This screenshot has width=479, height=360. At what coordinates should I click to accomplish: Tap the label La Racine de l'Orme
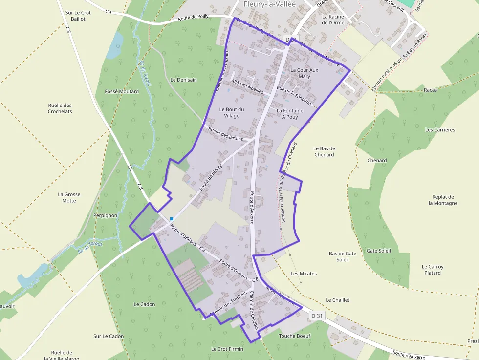(333, 20)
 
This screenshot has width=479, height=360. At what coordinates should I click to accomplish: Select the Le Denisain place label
(183, 80)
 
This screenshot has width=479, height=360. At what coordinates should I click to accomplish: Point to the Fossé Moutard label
(122, 91)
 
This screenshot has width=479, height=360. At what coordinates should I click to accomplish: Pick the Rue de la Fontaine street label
(294, 96)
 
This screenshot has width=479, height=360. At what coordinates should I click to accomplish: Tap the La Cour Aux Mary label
(304, 73)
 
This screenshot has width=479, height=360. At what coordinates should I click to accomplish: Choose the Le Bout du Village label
(232, 112)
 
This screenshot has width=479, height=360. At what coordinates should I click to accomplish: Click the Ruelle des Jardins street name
(225, 134)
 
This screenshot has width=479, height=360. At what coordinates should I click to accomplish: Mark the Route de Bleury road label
(211, 177)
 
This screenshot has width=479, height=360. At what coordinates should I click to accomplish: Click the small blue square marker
(172, 219)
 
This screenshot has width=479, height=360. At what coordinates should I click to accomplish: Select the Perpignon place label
(105, 215)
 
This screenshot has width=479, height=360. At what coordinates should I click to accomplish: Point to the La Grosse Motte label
(69, 197)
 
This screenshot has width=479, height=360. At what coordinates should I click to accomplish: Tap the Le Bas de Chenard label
(324, 151)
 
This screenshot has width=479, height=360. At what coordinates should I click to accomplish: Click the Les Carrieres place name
(440, 130)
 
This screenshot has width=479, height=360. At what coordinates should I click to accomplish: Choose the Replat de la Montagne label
(443, 200)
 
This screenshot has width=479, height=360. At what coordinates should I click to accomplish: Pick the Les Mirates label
(304, 274)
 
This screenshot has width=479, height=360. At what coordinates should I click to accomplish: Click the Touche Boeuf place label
(294, 336)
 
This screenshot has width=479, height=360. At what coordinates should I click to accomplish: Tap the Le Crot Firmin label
(227, 349)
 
